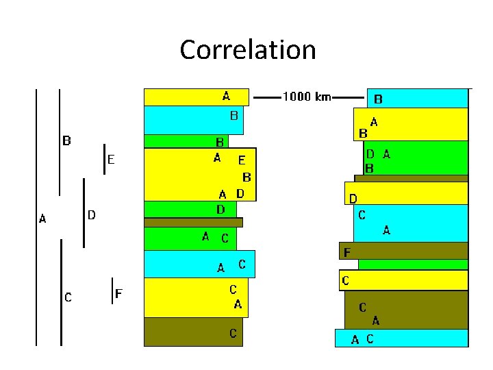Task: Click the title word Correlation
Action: [x=247, y=50]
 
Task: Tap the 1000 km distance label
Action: [x=306, y=97]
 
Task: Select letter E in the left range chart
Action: [x=111, y=160]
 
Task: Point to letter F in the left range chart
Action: [x=118, y=294]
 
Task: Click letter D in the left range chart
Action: [x=91, y=215]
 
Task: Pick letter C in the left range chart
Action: [x=68, y=297]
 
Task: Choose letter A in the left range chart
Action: [x=42, y=219]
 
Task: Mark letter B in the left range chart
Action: [x=67, y=142]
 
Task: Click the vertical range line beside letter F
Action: [x=112, y=291]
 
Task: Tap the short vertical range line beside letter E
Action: [x=104, y=159]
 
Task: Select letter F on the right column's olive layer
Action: [x=347, y=253]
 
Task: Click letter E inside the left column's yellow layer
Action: [x=241, y=161]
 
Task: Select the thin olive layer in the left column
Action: [x=193, y=223]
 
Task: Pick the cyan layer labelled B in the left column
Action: [x=185, y=120]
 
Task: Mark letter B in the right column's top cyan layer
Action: [x=378, y=99]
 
